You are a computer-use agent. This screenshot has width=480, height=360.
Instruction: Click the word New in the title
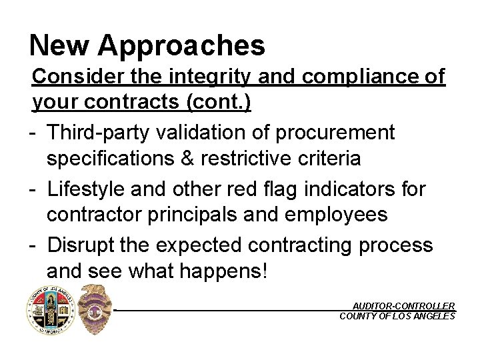(x=59, y=45)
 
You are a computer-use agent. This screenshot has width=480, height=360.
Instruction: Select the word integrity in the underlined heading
(x=209, y=77)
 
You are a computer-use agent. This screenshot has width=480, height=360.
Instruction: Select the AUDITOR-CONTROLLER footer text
(x=403, y=305)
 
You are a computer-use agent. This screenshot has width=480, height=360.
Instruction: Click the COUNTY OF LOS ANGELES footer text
(x=397, y=316)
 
